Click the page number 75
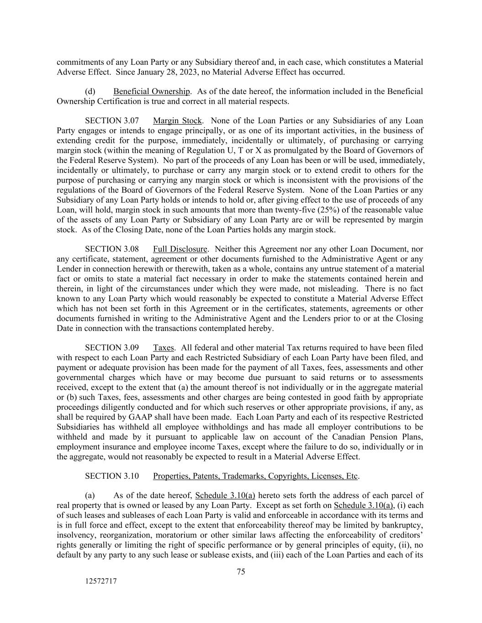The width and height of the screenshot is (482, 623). tap(241, 571)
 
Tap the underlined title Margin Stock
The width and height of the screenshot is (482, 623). tap(177, 120)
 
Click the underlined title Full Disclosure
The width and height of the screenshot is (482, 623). tap(180, 249)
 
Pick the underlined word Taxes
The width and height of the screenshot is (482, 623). tap(164, 348)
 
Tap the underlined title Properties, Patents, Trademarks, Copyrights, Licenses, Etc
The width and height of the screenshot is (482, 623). tap(255, 476)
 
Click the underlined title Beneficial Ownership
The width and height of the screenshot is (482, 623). tap(152, 91)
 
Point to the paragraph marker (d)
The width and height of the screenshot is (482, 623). tap(90, 91)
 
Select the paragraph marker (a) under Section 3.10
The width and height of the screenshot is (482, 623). tap(90, 496)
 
